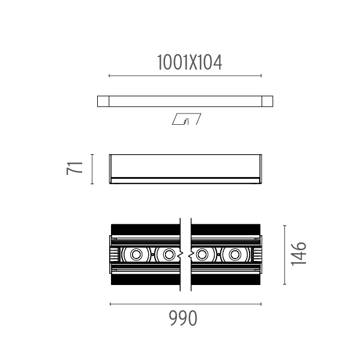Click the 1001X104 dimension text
[190, 62]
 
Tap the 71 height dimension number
[74, 169]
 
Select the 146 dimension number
[298, 254]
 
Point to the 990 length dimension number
[183, 318]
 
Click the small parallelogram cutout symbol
[187, 119]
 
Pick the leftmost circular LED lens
[136, 254]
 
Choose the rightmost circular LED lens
[235, 254]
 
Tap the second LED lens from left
[169, 254]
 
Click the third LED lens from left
[202, 254]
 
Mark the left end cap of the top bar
[103, 101]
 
